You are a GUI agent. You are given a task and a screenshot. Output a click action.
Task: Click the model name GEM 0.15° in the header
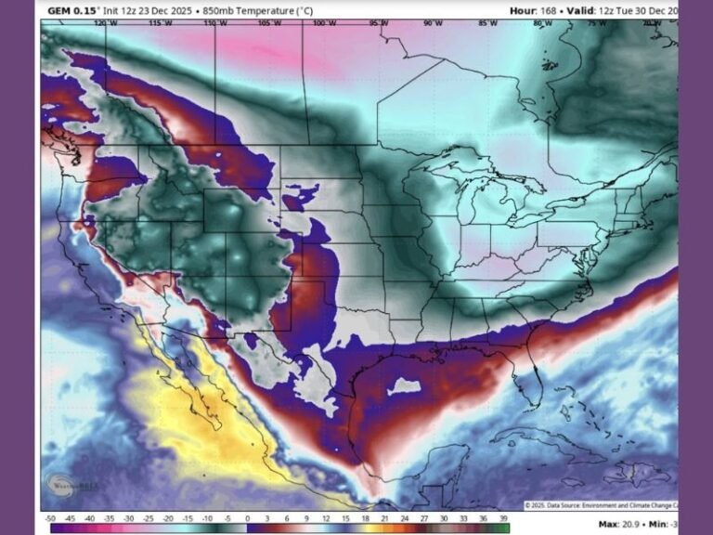click(68, 10)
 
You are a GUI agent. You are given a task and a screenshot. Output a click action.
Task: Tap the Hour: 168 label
click(536, 10)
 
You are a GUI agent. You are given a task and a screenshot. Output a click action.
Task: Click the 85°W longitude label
click(487, 23)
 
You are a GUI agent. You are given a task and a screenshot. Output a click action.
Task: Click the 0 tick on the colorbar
click(247, 517)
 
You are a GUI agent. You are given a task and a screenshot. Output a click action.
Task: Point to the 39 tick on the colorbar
click(504, 517)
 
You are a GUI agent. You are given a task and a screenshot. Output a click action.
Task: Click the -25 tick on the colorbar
click(149, 517)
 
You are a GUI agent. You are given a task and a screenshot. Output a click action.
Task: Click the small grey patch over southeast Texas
click(404, 385)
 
